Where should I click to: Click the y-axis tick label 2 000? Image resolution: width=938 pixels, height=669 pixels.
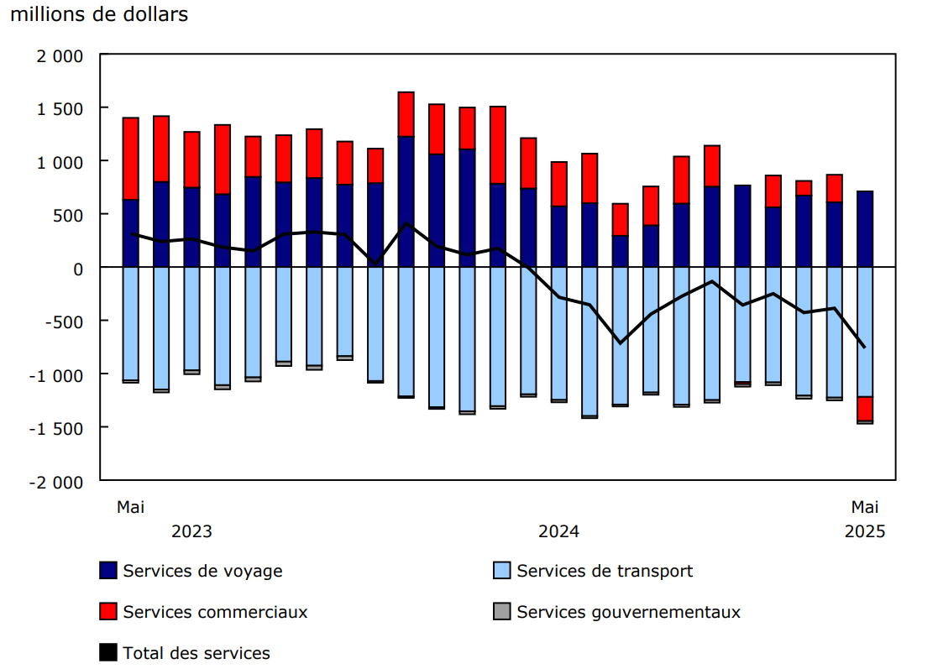click(60, 55)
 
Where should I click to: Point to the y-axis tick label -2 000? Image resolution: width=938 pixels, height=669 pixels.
click(56, 482)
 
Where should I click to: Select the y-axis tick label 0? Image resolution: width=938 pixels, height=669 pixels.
click(78, 269)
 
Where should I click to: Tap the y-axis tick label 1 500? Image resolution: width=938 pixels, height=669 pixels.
click(60, 108)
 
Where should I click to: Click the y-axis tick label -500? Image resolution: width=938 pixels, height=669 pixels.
click(65, 321)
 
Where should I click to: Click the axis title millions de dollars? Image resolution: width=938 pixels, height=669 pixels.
click(99, 14)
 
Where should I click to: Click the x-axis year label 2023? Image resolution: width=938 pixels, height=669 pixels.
click(191, 531)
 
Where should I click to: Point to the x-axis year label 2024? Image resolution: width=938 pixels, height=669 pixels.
click(558, 531)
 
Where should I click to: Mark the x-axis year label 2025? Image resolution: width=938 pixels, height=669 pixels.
click(865, 531)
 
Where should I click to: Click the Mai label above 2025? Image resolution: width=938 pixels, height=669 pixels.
click(865, 507)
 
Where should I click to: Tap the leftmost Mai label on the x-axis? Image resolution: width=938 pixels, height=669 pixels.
click(130, 507)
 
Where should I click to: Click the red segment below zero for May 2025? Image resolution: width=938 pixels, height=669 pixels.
click(865, 409)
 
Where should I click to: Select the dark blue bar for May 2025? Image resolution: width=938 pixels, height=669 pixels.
click(865, 229)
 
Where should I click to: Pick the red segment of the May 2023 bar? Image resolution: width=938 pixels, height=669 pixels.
click(131, 159)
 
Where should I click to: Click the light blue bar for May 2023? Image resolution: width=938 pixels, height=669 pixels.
click(131, 323)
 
